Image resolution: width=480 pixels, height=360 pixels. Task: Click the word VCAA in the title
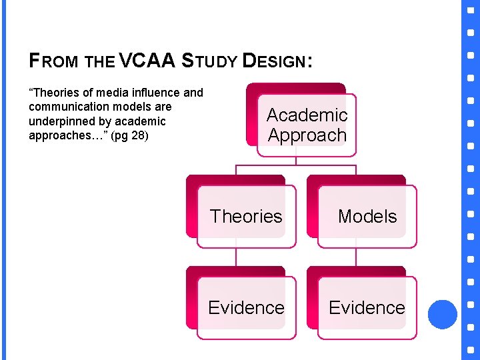click(147, 61)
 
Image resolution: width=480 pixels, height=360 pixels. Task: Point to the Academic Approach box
click(307, 125)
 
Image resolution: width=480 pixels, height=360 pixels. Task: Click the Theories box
click(246, 216)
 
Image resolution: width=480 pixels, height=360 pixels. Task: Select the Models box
click(367, 216)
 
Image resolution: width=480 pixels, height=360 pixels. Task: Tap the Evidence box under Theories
click(246, 307)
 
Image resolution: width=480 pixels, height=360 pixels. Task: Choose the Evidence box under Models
click(367, 307)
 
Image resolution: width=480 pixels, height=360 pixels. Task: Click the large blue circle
click(442, 314)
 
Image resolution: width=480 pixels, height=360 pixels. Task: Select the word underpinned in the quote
click(61, 121)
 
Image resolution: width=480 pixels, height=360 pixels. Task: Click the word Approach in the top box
click(307, 135)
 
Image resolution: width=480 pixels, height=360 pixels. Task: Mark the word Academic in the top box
click(307, 115)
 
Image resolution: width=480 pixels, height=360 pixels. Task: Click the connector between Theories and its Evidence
click(235, 257)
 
